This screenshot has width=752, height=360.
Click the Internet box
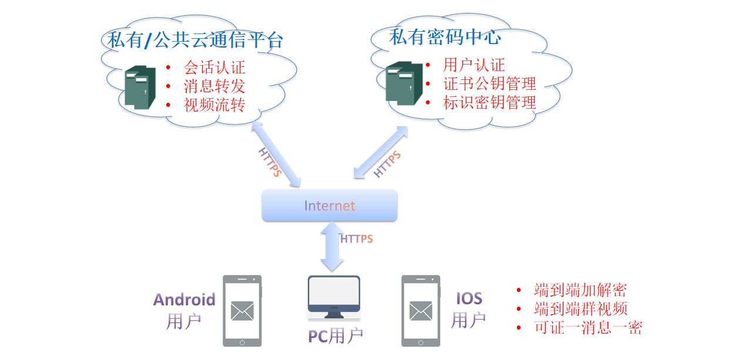[x=329, y=206]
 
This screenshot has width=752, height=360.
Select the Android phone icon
[x=242, y=310]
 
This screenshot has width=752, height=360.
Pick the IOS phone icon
[x=421, y=310]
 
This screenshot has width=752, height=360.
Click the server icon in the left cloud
[x=140, y=87]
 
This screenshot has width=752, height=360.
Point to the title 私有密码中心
[x=445, y=38]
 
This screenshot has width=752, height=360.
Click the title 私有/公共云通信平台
[x=195, y=40]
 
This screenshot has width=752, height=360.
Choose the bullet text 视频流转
[x=214, y=105]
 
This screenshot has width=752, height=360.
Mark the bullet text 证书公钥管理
[x=489, y=83]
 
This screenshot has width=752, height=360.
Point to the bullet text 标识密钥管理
[x=489, y=103]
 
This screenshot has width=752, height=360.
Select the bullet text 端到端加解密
[x=580, y=290]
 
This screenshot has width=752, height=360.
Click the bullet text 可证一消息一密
[x=587, y=328]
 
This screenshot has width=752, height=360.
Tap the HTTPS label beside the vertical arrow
[x=357, y=239]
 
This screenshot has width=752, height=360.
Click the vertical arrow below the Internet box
[x=332, y=247]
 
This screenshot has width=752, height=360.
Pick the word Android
[x=184, y=300]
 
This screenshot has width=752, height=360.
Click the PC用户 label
[x=335, y=336]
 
